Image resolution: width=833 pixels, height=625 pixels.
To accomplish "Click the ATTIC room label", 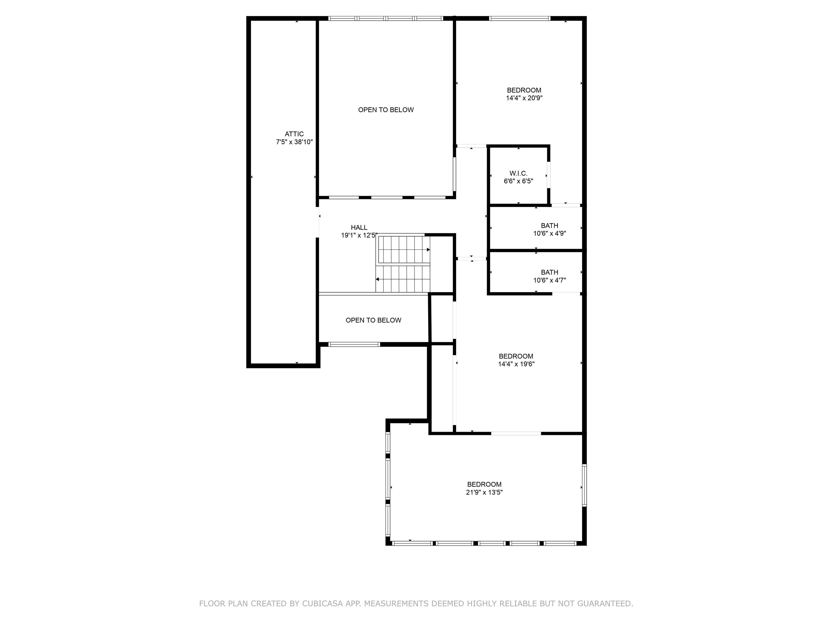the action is [x=294, y=134].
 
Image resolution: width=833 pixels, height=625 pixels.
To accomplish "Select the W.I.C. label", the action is [x=518, y=173].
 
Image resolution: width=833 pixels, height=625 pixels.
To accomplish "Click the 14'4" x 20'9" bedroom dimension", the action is [x=524, y=98].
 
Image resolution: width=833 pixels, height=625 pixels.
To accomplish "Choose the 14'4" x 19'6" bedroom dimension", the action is [x=516, y=364].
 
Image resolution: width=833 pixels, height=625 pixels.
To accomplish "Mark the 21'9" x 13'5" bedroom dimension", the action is [x=484, y=492].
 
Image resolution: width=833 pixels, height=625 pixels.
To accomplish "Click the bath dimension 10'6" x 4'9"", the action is [x=549, y=233].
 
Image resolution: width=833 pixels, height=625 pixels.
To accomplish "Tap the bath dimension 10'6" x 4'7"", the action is [x=549, y=280].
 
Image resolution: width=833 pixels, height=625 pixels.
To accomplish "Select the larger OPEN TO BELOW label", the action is [x=386, y=110].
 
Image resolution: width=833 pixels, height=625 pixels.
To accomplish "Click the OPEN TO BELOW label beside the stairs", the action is [x=374, y=320].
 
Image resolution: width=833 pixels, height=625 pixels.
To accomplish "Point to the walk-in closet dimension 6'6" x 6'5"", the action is [x=518, y=181].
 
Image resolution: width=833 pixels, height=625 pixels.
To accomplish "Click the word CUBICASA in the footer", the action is [x=322, y=604].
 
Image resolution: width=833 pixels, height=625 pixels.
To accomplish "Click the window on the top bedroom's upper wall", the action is [x=520, y=18].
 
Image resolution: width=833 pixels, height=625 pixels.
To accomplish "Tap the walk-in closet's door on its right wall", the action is [x=549, y=174].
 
